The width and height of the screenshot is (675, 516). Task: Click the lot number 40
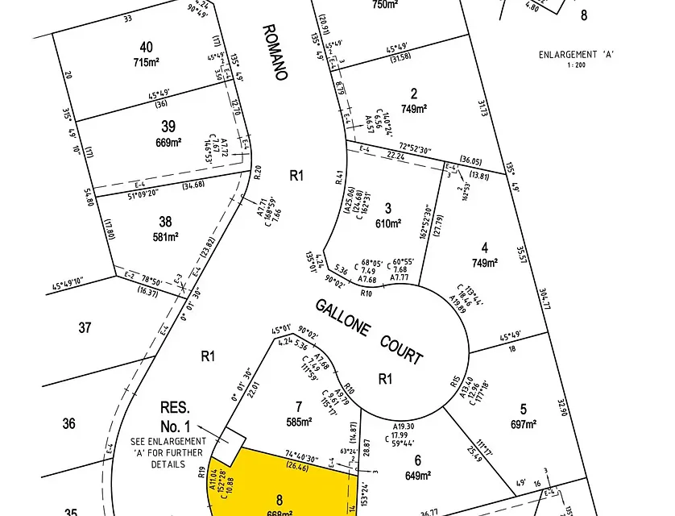146,47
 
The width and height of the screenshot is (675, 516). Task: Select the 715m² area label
146,62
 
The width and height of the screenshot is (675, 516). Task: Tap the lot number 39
168,127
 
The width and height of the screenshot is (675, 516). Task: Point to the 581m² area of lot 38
165,237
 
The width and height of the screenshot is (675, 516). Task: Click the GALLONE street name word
342,315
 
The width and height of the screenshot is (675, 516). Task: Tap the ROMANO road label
275,52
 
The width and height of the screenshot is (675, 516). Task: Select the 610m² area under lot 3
387,223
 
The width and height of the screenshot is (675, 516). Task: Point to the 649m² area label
418,475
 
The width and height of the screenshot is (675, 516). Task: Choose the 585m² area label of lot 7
299,420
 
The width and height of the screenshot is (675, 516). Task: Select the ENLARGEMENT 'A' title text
576,55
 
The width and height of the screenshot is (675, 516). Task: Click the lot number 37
85,327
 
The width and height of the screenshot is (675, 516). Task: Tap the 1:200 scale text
575,65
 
